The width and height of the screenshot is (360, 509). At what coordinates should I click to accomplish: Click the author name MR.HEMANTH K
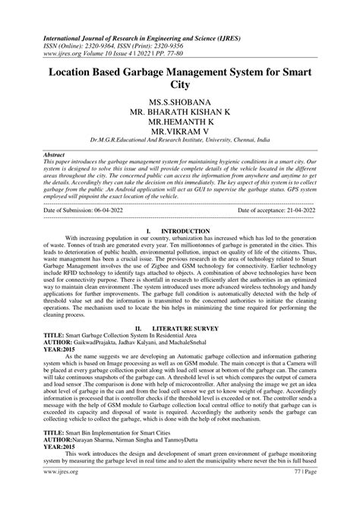point(180,125)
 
